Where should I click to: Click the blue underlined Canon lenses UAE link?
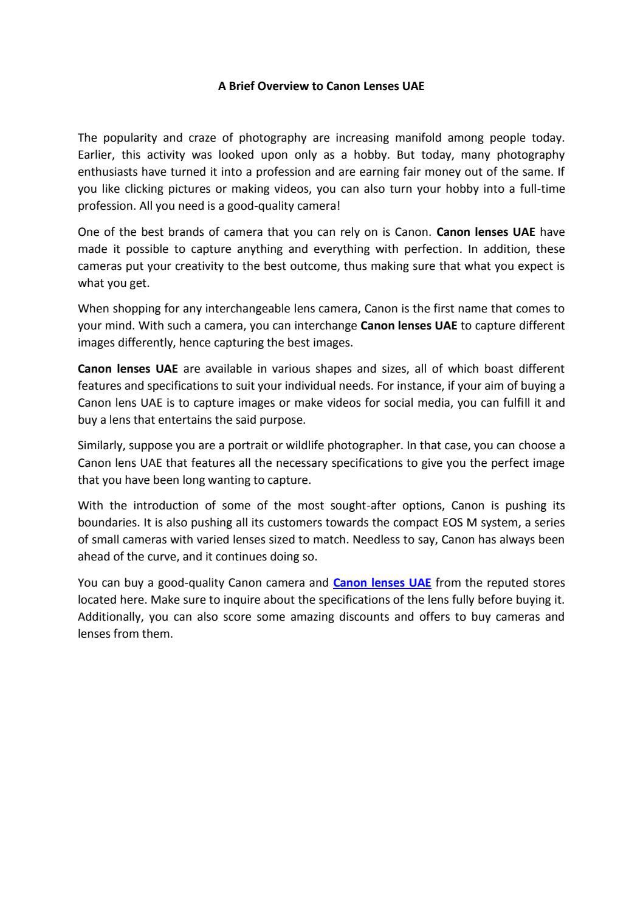tap(382, 583)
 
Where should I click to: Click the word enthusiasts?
tap(108, 172)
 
